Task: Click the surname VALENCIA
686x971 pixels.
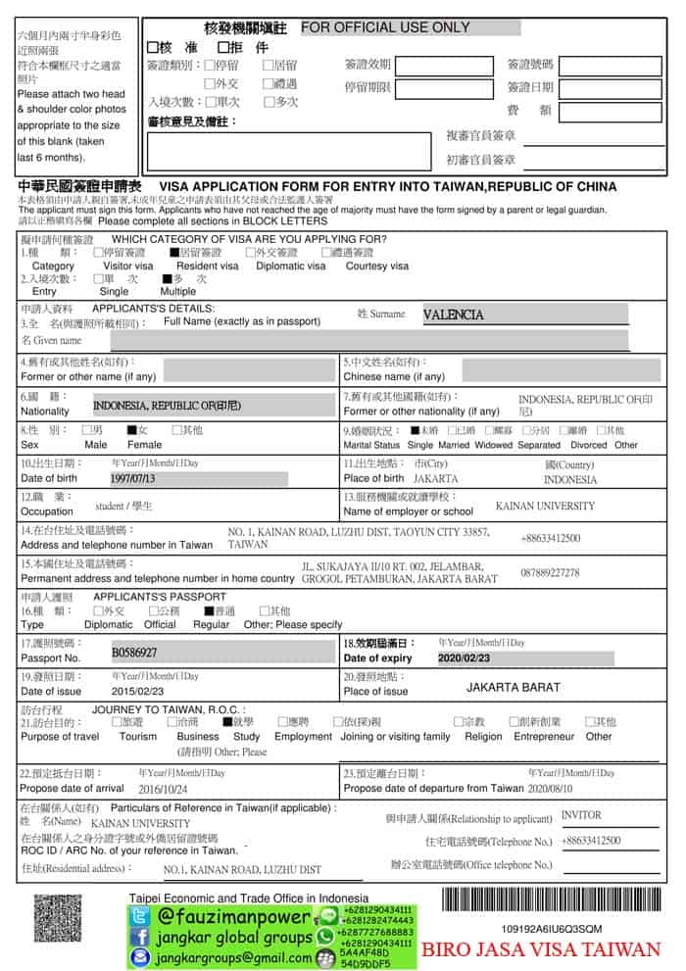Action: click(x=453, y=316)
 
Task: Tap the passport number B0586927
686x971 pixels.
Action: click(x=134, y=652)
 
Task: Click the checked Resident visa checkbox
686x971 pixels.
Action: click(x=173, y=252)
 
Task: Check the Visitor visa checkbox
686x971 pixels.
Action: click(x=98, y=252)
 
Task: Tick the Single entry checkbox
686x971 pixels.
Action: click(x=98, y=278)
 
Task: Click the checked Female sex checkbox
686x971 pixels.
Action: click(x=131, y=430)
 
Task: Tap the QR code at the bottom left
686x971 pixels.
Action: click(x=57, y=918)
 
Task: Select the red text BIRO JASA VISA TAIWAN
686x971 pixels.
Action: click(x=541, y=948)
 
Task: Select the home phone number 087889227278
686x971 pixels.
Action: click(x=550, y=573)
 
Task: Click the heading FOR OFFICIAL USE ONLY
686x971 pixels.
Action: click(x=385, y=27)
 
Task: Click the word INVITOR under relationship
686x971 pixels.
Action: click(x=581, y=815)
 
